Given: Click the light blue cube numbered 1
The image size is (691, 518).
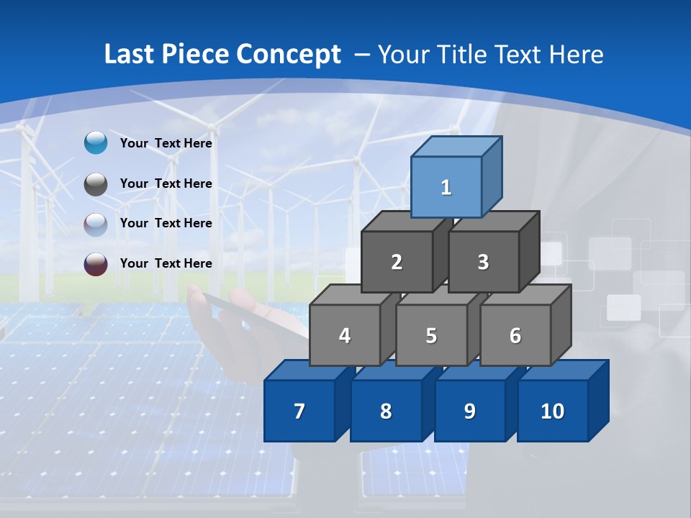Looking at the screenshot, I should pyautogui.click(x=446, y=187).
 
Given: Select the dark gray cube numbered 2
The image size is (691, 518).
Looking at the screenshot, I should pyautogui.click(x=397, y=262).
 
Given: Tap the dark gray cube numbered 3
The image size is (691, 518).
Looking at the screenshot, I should pyautogui.click(x=483, y=262).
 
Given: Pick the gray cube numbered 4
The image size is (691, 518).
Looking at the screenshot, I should pyautogui.click(x=345, y=335).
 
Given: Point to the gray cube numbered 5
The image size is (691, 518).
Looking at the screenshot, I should pyautogui.click(x=430, y=335).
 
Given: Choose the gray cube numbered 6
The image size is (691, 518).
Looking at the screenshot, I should pyautogui.click(x=515, y=335).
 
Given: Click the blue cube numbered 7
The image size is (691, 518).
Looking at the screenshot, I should pyautogui.click(x=299, y=411).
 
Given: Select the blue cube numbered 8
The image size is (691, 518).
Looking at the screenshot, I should pyautogui.click(x=386, y=411).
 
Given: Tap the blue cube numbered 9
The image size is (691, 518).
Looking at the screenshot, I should pyautogui.click(x=469, y=411).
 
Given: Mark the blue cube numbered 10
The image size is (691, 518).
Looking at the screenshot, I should pyautogui.click(x=552, y=411).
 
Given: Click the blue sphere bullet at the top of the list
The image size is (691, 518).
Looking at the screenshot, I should pyautogui.click(x=96, y=143).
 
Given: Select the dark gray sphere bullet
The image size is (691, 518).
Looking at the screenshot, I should pyautogui.click(x=96, y=184).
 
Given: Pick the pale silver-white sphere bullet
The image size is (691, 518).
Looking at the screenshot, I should pyautogui.click(x=96, y=224).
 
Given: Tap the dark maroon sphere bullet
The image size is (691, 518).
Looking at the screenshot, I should pyautogui.click(x=96, y=264).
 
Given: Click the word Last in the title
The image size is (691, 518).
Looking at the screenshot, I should pyautogui.click(x=130, y=54).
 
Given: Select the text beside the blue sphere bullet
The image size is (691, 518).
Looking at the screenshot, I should pyautogui.click(x=166, y=143).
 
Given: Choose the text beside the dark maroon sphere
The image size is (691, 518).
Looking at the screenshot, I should pyautogui.click(x=166, y=263).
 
